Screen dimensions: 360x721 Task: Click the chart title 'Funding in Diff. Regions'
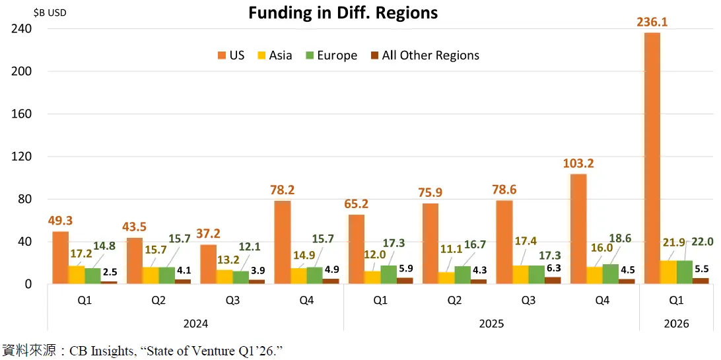click(343, 13)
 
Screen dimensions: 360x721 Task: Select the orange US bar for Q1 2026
click(652, 159)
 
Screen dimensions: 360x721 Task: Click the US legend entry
click(230, 55)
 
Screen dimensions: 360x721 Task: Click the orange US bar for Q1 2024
click(60, 258)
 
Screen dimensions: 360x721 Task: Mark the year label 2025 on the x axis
click(491, 324)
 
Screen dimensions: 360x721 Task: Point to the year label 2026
click(676, 324)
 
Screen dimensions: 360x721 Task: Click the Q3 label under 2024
click(232, 301)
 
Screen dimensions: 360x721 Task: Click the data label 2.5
click(110, 272)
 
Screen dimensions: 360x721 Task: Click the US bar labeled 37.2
click(208, 264)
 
